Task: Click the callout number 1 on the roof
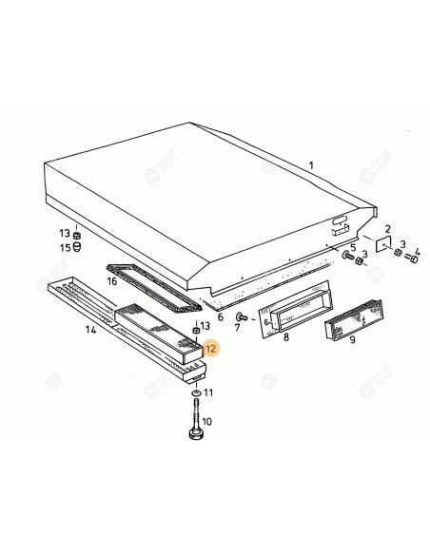309,165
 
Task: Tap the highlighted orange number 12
210,349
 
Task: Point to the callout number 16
112,281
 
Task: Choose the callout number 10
208,422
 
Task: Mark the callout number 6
221,316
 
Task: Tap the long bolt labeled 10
195,418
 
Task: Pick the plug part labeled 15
79,248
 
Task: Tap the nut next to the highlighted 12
196,332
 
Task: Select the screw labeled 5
346,258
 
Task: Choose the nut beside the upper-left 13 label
79,234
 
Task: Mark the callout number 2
388,228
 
